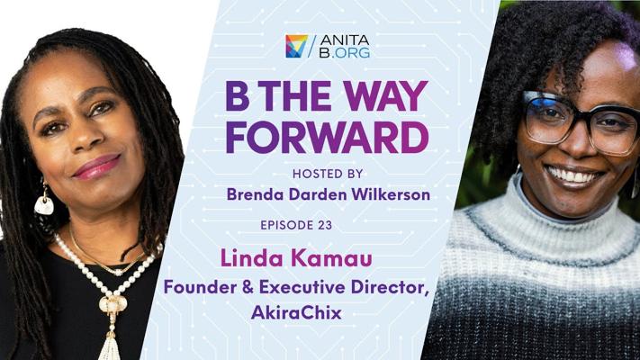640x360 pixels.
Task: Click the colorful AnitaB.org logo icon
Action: [296, 46]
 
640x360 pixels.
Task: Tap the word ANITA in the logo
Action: [345, 40]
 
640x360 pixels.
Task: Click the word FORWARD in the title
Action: [328, 137]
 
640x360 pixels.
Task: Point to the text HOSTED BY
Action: [328, 174]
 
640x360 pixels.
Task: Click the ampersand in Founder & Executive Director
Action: [248, 287]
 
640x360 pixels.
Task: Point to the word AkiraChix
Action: [296, 312]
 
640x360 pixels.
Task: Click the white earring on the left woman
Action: [44, 204]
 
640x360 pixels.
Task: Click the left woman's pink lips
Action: [97, 166]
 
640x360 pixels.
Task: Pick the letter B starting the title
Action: [238, 96]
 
